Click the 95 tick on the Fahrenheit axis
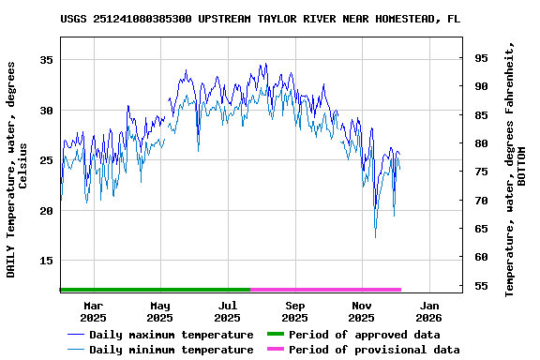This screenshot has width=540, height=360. pyautogui.click(x=480, y=58)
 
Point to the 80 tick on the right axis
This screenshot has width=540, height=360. pyautogui.click(x=480, y=143)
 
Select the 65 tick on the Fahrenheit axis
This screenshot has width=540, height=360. pyautogui.click(x=480, y=229)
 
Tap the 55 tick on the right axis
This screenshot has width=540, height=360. pyautogui.click(x=480, y=286)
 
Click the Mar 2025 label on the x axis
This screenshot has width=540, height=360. pyautogui.click(x=94, y=311)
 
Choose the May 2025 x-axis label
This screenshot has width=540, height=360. pyautogui.click(x=160, y=311)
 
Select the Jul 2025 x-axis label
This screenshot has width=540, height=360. pyautogui.click(x=228, y=311)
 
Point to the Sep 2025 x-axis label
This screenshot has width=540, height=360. pyautogui.click(x=295, y=311)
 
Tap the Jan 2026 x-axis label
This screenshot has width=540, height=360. pyautogui.click(x=429, y=311)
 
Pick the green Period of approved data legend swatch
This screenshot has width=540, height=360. pyautogui.click(x=275, y=335)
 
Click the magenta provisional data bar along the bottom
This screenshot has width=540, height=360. pyautogui.click(x=325, y=290)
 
